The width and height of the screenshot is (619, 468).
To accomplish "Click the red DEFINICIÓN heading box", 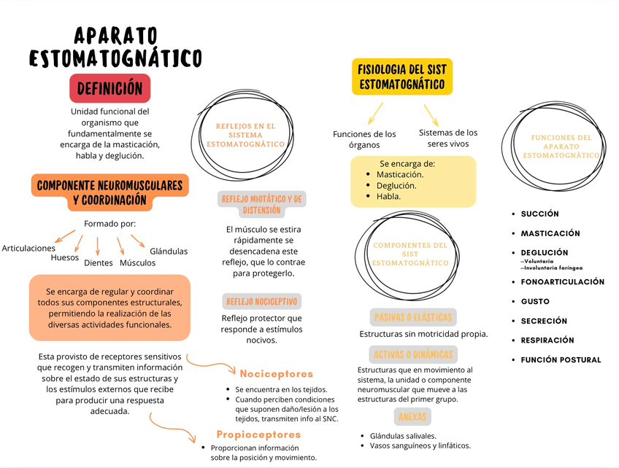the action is point(109,88).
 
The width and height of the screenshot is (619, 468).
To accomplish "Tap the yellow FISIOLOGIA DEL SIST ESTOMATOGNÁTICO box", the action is point(401,77).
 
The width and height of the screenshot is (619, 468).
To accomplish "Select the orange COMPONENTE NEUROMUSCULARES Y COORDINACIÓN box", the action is point(109,192).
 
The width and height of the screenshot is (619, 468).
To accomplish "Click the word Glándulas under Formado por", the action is point(169,251).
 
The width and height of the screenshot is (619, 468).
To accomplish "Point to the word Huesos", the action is point(65,257).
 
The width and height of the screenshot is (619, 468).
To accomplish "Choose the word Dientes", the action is point(99,262).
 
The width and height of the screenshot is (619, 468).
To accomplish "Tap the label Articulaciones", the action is point(28,248).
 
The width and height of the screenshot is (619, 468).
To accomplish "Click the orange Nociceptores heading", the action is point(276,373).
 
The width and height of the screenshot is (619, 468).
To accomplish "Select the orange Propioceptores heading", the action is point(258,434).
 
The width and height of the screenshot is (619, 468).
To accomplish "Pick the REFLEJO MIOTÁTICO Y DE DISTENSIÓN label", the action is point(262,204).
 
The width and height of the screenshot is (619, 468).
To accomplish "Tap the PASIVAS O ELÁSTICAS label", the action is point(413,317).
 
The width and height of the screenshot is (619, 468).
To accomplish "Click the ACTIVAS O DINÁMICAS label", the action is point(413,355).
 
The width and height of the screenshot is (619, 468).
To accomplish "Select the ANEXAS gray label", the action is point(413,416).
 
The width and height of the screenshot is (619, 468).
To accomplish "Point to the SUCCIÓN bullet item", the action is point(539,214).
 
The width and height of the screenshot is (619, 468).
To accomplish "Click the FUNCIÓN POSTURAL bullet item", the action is point(561,359).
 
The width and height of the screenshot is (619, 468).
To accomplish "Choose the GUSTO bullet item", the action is point(535,301).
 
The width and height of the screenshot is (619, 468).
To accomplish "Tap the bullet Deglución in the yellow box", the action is point(396,185).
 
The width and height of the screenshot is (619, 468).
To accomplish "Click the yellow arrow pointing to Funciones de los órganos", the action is point(375,113).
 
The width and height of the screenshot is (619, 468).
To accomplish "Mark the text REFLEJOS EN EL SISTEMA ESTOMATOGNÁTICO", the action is point(245,136).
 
